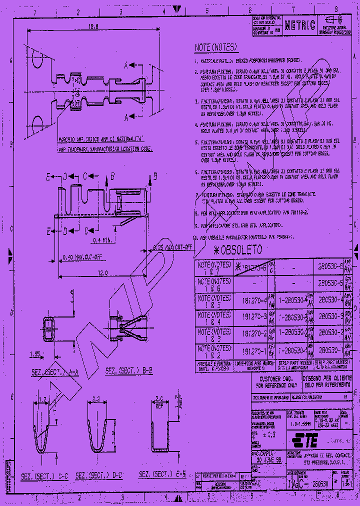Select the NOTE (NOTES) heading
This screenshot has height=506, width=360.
215,48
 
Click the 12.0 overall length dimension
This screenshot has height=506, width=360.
103,273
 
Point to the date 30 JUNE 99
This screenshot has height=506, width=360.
266,459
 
